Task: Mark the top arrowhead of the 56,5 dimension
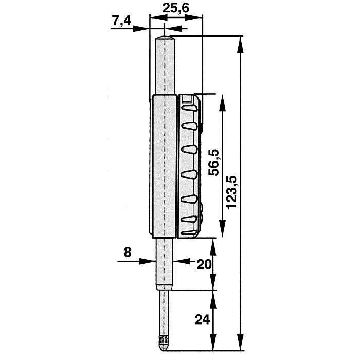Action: tap(222, 100)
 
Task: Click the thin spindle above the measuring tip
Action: tap(165, 314)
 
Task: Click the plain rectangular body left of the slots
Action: tap(165, 165)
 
